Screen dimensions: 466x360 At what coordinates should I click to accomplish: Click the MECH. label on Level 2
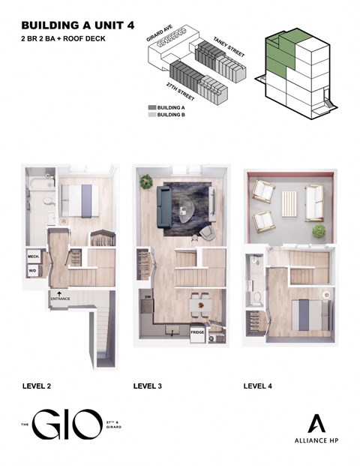pos(33,256)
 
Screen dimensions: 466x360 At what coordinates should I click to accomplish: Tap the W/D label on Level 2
pos(33,272)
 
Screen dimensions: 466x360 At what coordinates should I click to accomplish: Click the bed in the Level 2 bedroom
pos(78,200)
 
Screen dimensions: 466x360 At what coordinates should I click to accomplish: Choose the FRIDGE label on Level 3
pos(198,332)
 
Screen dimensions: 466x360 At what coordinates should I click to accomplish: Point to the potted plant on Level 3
pos(146,182)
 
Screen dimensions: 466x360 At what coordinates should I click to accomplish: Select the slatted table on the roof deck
pos(289,203)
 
